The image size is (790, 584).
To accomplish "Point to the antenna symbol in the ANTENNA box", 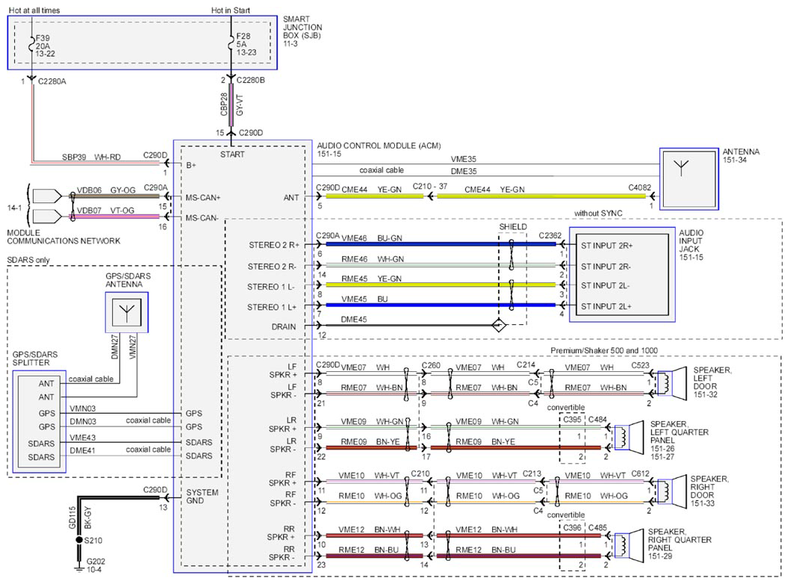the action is (681, 168).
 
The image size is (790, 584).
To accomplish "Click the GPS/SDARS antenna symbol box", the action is (127, 312).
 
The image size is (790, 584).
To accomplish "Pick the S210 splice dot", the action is (79, 540).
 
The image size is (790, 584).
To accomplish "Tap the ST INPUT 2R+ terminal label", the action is (606, 246).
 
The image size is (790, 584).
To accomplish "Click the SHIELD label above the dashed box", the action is (513, 227).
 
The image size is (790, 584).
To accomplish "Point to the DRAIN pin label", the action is (284, 326).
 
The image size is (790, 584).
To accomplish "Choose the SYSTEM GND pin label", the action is (202, 497).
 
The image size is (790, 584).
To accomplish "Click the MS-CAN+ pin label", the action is (202, 197).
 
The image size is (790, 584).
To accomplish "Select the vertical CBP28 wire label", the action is (224, 105).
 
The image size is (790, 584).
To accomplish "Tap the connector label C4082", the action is (639, 187).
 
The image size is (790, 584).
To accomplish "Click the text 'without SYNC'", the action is (598, 213).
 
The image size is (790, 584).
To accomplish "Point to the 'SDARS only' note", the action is (28, 260).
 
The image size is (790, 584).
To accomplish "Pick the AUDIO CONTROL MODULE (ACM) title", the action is (379, 146).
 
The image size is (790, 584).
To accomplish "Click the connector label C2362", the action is (550, 235).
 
